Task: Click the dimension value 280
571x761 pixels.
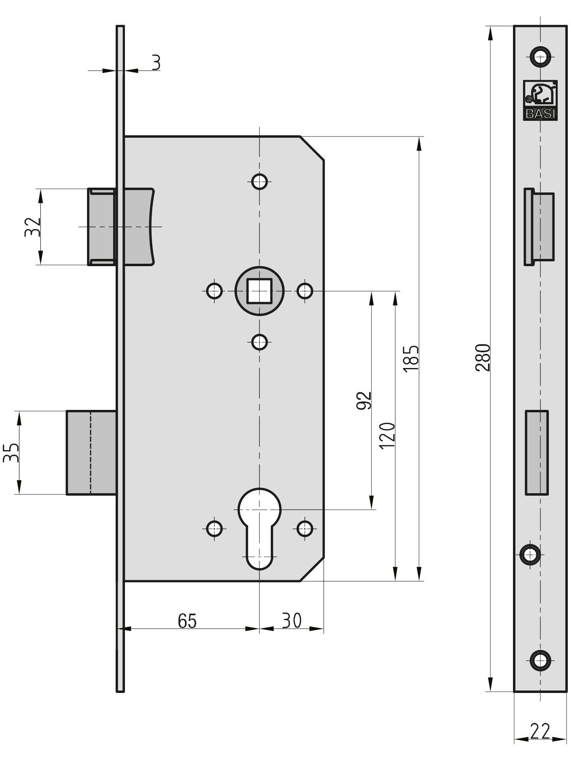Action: [x=482, y=357]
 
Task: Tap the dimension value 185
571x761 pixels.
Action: [x=411, y=358]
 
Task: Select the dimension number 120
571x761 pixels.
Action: [x=387, y=435]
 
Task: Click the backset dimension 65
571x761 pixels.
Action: [x=187, y=620]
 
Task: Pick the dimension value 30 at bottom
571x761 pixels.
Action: [x=291, y=620]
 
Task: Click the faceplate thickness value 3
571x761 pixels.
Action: [x=156, y=62]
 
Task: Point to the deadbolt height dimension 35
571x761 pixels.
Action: [x=11, y=453]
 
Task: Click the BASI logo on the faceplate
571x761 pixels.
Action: [x=540, y=100]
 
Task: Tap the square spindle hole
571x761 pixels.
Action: [x=259, y=291]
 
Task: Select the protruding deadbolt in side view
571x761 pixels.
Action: [x=91, y=453]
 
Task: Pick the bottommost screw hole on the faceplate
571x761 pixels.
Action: [x=540, y=660]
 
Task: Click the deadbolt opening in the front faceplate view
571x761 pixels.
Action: [x=536, y=453]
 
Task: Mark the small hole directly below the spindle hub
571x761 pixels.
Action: [x=259, y=343]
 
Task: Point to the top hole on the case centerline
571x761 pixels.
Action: [x=259, y=181]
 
